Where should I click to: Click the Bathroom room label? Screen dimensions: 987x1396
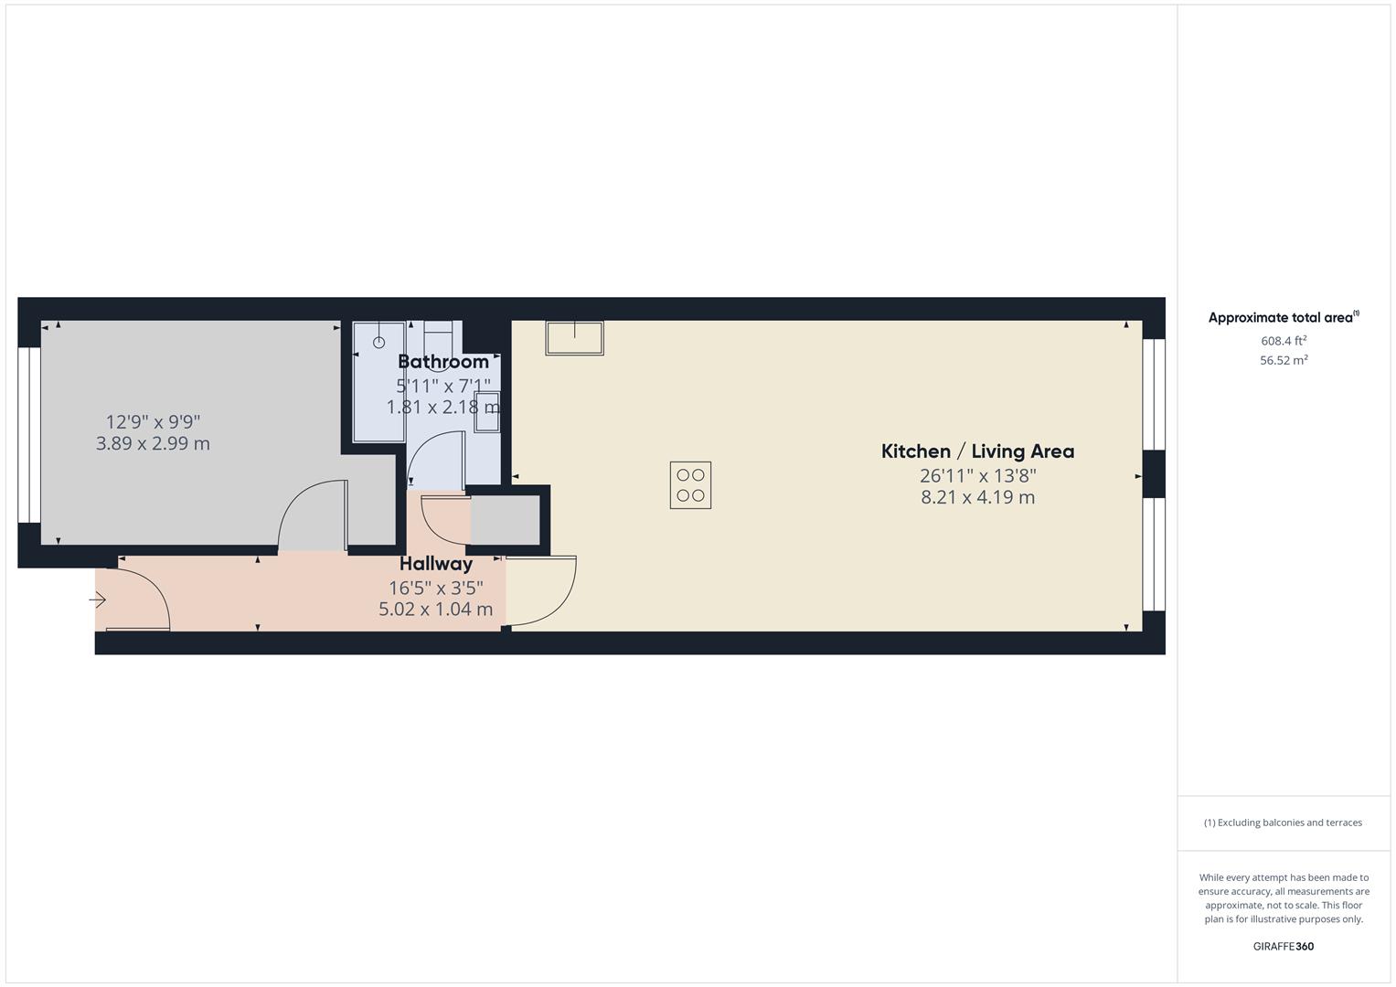click(443, 361)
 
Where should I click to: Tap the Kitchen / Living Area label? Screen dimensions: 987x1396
click(977, 451)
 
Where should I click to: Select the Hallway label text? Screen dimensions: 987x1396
click(436, 564)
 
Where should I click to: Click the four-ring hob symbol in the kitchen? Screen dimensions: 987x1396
click(690, 485)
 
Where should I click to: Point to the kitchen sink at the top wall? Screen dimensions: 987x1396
click(574, 337)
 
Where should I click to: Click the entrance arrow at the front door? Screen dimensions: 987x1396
click(98, 600)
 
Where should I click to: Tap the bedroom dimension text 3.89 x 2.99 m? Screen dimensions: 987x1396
click(153, 443)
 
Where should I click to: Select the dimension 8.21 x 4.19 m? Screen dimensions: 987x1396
click(977, 497)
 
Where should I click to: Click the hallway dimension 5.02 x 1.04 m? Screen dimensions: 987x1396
click(436, 609)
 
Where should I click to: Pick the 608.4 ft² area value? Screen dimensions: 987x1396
click(1284, 341)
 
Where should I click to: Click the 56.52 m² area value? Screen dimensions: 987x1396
click(1284, 360)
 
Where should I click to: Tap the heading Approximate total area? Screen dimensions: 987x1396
click(1282, 318)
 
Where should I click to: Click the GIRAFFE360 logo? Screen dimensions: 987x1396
click(1283, 946)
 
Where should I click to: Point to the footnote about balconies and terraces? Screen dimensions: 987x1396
click(1283, 822)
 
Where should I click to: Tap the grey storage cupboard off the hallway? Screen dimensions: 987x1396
click(504, 520)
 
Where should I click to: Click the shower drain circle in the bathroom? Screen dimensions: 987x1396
click(379, 343)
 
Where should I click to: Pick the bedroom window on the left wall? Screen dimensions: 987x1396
click(29, 435)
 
